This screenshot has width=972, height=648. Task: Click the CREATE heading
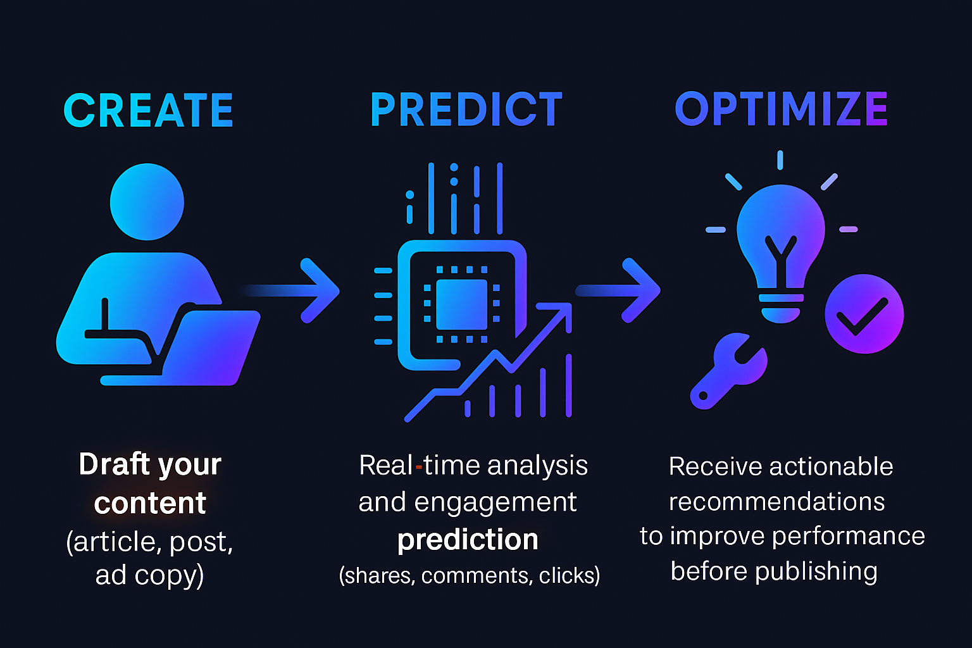pyautogui.click(x=149, y=110)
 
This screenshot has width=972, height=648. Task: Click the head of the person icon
pyautogui.click(x=147, y=202)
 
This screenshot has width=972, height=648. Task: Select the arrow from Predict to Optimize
pyautogui.click(x=618, y=290)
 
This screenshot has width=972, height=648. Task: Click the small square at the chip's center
pyautogui.click(x=462, y=304)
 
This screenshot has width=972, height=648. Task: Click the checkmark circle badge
pyautogui.click(x=864, y=314)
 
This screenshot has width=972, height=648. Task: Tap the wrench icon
pyautogui.click(x=728, y=371)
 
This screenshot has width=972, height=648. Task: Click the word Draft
pyautogui.click(x=115, y=464)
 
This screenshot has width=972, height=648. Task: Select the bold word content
pyautogui.click(x=150, y=503)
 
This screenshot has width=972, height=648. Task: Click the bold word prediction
pyautogui.click(x=468, y=540)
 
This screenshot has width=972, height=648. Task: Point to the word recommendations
pyautogui.click(x=776, y=502)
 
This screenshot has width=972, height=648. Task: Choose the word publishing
pyautogui.click(x=816, y=571)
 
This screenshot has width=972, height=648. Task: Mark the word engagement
pyautogui.click(x=495, y=503)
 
